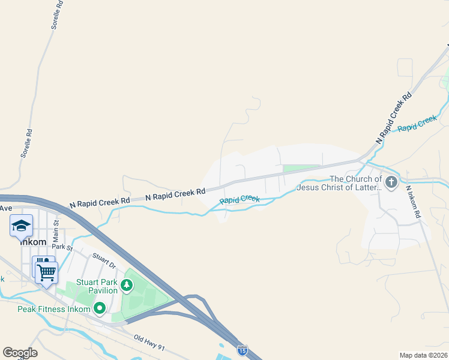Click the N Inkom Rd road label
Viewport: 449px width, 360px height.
tap(412, 201)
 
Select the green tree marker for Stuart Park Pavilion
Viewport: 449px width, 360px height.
tap(127, 284)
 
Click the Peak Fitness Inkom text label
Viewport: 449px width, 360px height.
tap(53, 310)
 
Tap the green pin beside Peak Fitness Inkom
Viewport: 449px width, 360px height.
tap(100, 309)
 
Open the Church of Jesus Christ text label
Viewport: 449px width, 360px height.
tap(355, 183)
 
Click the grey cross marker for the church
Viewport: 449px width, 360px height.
tap(391, 182)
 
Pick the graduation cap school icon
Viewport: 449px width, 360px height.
tap(21, 226)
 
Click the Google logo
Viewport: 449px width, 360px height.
tap(20, 352)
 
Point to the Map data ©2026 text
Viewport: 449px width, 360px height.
tap(423, 355)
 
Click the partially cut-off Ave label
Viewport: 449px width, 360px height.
tap(6, 208)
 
